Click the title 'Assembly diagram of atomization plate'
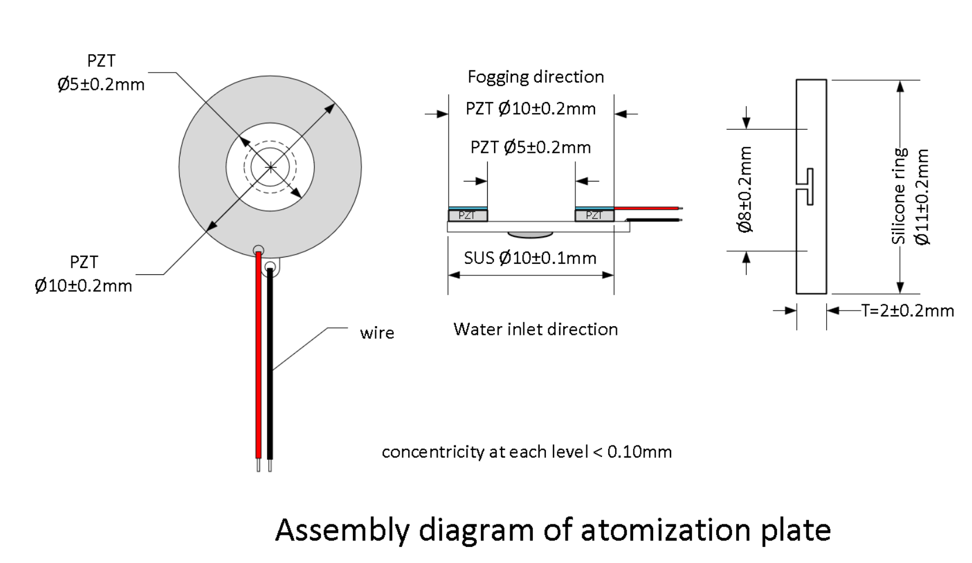553,531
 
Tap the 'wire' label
377,333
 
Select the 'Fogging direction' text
536,77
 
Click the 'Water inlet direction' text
536,329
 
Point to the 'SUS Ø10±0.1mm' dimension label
530,258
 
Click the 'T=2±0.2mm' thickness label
907,311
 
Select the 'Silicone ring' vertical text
899,196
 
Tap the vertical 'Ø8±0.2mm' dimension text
745,190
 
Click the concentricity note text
527,452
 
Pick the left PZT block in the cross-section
468,215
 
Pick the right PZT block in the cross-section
594,215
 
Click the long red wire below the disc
259,355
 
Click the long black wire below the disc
270,364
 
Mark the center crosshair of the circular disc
270,167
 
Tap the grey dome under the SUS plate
530,235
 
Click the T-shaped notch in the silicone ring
809,187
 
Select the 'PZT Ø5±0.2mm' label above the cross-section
530,148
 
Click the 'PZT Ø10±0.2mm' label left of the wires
84,274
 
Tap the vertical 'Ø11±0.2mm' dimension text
922,197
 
